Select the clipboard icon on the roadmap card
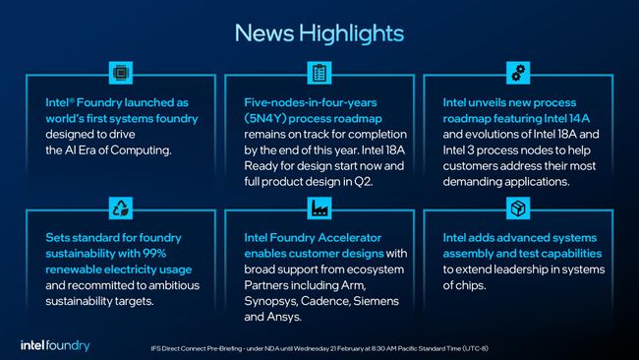[x=319, y=72]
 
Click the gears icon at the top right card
[x=518, y=72]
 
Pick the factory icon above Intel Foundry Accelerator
[x=319, y=208]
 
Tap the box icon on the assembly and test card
[x=518, y=208]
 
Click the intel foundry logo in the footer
[x=55, y=344]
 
